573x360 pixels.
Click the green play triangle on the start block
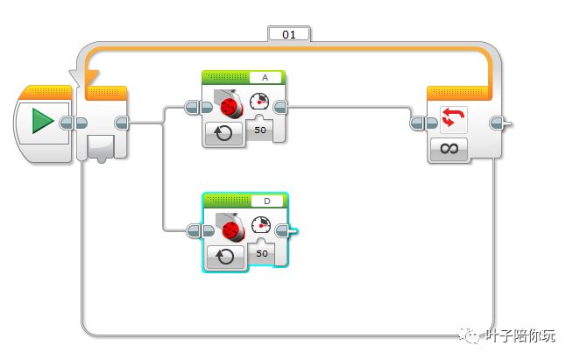tap(42, 122)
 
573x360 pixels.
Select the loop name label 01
tap(288, 35)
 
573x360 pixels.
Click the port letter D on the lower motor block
tap(266, 201)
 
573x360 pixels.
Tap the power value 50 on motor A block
tap(260, 130)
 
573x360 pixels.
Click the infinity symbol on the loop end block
tap(449, 148)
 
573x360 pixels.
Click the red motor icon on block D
tap(231, 230)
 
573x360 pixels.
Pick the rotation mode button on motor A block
tap(223, 134)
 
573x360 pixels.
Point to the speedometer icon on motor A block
tap(260, 102)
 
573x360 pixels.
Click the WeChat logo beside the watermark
tap(473, 335)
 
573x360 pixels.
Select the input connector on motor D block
tap(195, 231)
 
